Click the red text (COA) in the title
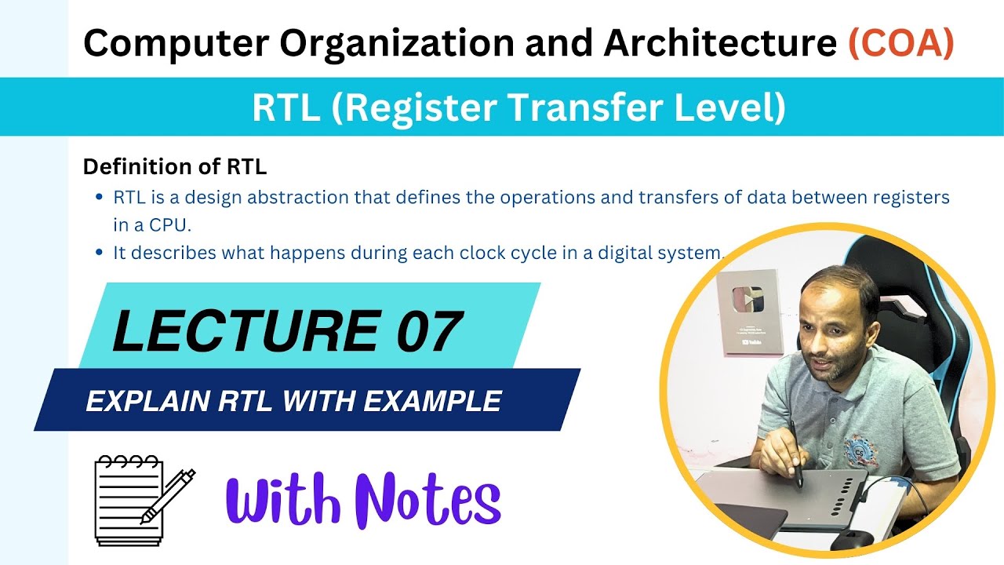[x=901, y=44]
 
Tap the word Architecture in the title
[x=719, y=44]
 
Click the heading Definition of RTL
[x=175, y=166]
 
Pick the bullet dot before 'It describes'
[x=98, y=253]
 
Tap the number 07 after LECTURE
[x=427, y=331]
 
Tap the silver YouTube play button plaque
[x=749, y=312]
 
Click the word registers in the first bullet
[x=911, y=197]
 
